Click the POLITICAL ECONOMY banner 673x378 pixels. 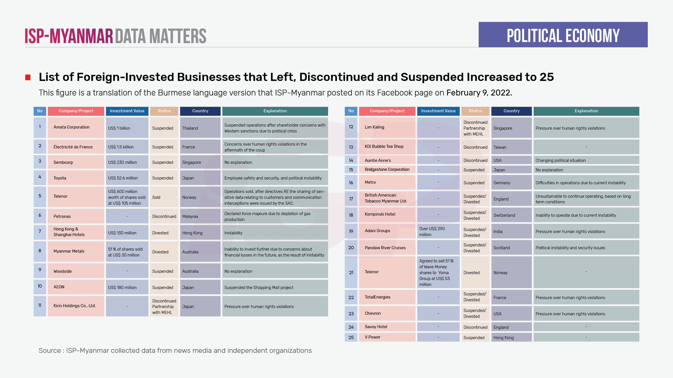pos(563,35)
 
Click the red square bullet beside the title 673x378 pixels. pos(28,77)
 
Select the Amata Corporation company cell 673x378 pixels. pos(76,127)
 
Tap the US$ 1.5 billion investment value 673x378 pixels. pos(127,147)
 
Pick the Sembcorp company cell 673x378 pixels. pos(76,162)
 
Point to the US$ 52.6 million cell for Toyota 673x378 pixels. pos(127,178)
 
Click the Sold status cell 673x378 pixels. pos(164,197)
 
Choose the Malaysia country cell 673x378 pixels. pos(200,216)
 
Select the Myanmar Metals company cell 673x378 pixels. pos(76,251)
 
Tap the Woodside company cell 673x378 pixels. pos(76,271)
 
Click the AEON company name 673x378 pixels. pos(59,287)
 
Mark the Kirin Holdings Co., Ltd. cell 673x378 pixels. pos(76,306)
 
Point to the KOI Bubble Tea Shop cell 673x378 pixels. pos(387,147)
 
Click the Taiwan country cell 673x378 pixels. pos(511,147)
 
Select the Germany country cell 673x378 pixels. pos(511,183)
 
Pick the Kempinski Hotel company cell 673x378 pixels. pos(387,214)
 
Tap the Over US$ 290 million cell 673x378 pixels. pos(438,232)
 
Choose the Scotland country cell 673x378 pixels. pos(511,248)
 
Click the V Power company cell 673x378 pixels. pos(387,337)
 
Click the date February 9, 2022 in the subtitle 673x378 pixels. pos(479,93)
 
